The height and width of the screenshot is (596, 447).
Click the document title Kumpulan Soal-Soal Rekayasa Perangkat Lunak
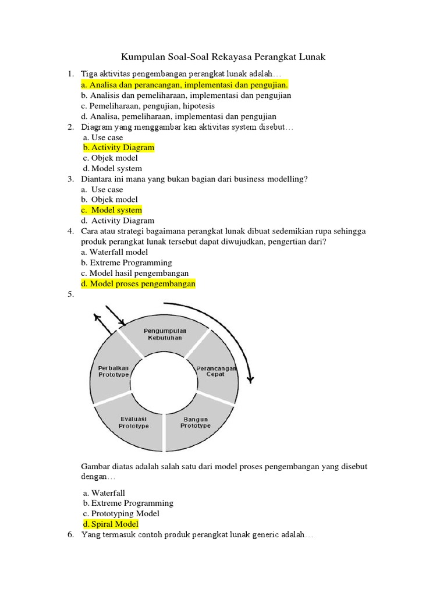point(223,57)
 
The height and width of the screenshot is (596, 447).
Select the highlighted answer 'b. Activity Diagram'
point(119,148)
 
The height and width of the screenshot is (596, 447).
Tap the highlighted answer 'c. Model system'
point(111,210)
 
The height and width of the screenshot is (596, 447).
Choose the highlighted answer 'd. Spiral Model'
point(111,524)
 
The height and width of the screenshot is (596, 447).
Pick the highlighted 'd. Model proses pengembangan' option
point(139,284)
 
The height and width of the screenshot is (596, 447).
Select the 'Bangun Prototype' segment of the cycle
point(195,423)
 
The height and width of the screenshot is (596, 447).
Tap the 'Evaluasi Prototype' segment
point(133,423)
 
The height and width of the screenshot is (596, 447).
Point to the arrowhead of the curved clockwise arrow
point(250,379)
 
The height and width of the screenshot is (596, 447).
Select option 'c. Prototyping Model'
point(121,514)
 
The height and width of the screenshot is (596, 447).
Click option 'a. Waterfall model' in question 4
point(115,253)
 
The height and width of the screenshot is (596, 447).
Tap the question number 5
point(70,295)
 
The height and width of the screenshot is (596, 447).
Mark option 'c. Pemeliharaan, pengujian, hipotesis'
point(148,106)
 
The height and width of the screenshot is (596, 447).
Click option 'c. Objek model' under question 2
point(110,158)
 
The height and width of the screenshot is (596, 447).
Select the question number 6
point(70,535)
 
